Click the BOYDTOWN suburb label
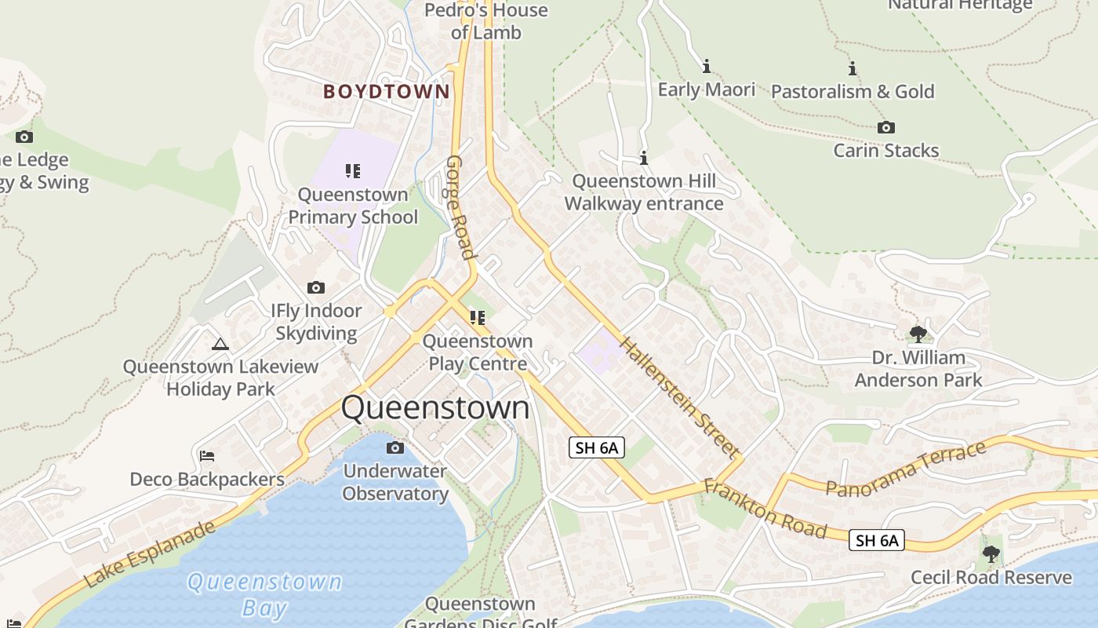point(387,92)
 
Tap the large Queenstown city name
point(435,408)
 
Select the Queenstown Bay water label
point(264,594)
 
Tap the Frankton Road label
point(765,509)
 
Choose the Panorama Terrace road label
point(906,469)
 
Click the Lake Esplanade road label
point(149,554)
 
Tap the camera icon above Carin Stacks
point(885,127)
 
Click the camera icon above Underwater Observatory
point(395,447)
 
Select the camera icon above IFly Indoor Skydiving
point(316,287)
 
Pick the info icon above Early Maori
point(706,66)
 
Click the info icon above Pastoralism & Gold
point(852,68)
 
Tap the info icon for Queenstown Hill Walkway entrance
point(644,158)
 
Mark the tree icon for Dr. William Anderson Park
point(918,334)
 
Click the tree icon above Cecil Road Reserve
point(991,553)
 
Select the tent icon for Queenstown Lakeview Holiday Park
point(220,344)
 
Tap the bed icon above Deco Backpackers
point(207,455)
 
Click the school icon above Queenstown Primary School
point(353,170)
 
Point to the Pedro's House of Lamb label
point(486,21)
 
